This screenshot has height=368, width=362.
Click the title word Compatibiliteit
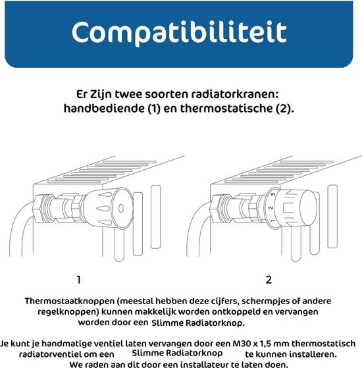coord(179,31)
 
